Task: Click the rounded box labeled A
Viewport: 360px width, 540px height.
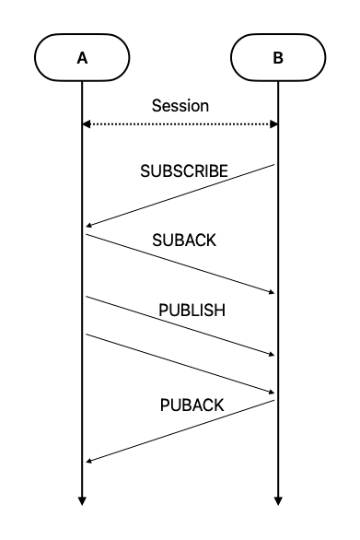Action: coord(82,58)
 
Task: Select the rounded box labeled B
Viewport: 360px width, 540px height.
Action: coord(277,58)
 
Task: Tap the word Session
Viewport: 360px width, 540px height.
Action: coord(180,106)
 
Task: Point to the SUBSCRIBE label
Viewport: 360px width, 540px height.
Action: coord(184,172)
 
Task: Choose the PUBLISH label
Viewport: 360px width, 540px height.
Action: coord(192,311)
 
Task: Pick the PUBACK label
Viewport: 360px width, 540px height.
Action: coord(191,405)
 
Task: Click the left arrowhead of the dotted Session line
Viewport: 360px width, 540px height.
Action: coord(86,123)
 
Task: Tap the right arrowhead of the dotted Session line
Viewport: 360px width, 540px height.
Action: coord(273,123)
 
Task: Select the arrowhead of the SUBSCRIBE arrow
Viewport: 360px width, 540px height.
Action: coord(87,225)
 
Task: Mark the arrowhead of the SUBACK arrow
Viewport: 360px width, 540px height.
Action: coord(273,293)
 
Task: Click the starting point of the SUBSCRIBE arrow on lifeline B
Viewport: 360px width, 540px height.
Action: coord(276,165)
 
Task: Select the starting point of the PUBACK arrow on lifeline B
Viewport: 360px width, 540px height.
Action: coord(276,400)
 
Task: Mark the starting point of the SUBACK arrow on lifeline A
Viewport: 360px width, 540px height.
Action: coord(84,234)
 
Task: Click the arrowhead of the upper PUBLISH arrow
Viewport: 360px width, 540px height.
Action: coord(273,355)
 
